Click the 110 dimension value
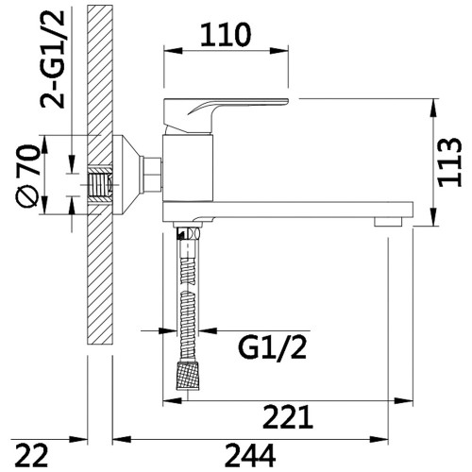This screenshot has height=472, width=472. [226, 35]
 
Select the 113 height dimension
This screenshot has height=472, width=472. [449, 162]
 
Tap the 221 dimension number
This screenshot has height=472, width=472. [288, 417]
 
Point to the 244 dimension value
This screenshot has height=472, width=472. [250, 456]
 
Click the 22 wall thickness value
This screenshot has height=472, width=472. [32, 456]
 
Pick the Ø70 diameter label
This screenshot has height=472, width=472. [27, 176]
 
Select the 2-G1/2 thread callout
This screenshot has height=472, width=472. [52, 59]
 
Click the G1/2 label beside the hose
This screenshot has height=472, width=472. [272, 348]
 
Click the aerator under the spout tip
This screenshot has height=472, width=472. [388, 222]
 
